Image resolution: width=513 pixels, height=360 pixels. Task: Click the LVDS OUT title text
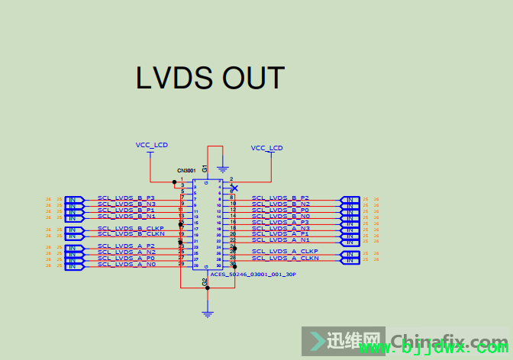coord(210,78)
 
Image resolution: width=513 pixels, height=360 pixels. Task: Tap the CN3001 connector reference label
coord(186,171)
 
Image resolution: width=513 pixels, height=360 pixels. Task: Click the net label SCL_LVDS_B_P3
coord(126,198)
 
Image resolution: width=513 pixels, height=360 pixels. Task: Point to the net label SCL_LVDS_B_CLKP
coord(131,228)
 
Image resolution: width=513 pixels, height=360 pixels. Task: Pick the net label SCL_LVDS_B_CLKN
coord(131,234)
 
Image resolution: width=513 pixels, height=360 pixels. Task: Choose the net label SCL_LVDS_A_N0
coord(126,265)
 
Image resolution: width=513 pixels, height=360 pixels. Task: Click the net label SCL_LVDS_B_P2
coord(280,198)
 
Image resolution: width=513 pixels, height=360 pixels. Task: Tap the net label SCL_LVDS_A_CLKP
coord(285,251)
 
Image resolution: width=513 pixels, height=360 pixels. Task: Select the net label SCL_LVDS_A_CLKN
coord(285,259)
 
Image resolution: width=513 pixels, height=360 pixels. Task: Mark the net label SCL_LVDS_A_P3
coord(280,222)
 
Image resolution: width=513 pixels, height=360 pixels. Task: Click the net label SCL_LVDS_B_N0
coord(280,216)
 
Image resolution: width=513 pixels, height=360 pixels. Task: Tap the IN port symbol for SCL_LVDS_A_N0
coord(74,266)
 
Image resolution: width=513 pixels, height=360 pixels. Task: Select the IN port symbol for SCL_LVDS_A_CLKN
coord(350,260)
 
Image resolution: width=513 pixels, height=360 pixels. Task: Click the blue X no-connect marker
coord(234,188)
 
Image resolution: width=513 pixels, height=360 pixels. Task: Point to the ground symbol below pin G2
coord(207,312)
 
